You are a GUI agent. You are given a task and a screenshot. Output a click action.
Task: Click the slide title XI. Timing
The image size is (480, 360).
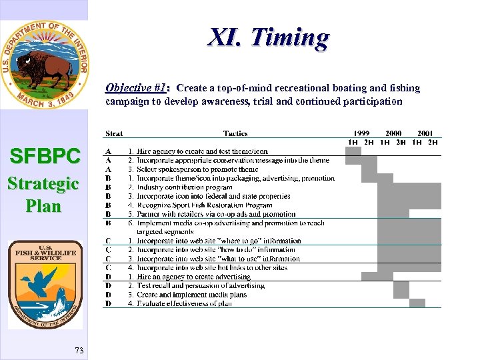[268, 38]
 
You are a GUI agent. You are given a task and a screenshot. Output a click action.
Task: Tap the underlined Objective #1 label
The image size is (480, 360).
[136, 88]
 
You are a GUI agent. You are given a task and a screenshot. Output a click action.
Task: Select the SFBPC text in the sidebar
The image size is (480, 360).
[45, 157]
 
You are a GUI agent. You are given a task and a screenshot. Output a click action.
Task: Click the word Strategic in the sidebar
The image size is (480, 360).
[43, 183]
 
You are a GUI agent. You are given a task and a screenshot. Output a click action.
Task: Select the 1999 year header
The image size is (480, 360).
[361, 133]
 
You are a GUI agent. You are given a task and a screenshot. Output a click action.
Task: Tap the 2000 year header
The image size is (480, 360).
[393, 133]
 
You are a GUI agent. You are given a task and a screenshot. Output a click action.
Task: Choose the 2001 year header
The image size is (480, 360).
[425, 133]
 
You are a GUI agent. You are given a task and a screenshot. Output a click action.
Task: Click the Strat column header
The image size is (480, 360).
[114, 134]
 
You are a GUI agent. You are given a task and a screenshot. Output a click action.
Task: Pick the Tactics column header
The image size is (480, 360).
[235, 134]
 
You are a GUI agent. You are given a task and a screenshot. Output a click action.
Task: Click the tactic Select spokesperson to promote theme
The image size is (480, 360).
[197, 169]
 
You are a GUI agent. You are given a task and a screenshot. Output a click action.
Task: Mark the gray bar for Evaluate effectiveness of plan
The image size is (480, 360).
[417, 303]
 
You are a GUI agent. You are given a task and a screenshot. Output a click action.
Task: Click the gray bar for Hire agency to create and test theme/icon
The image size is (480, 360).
[353, 151]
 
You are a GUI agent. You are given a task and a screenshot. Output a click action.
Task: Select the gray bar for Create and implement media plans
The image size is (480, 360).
[401, 294]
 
